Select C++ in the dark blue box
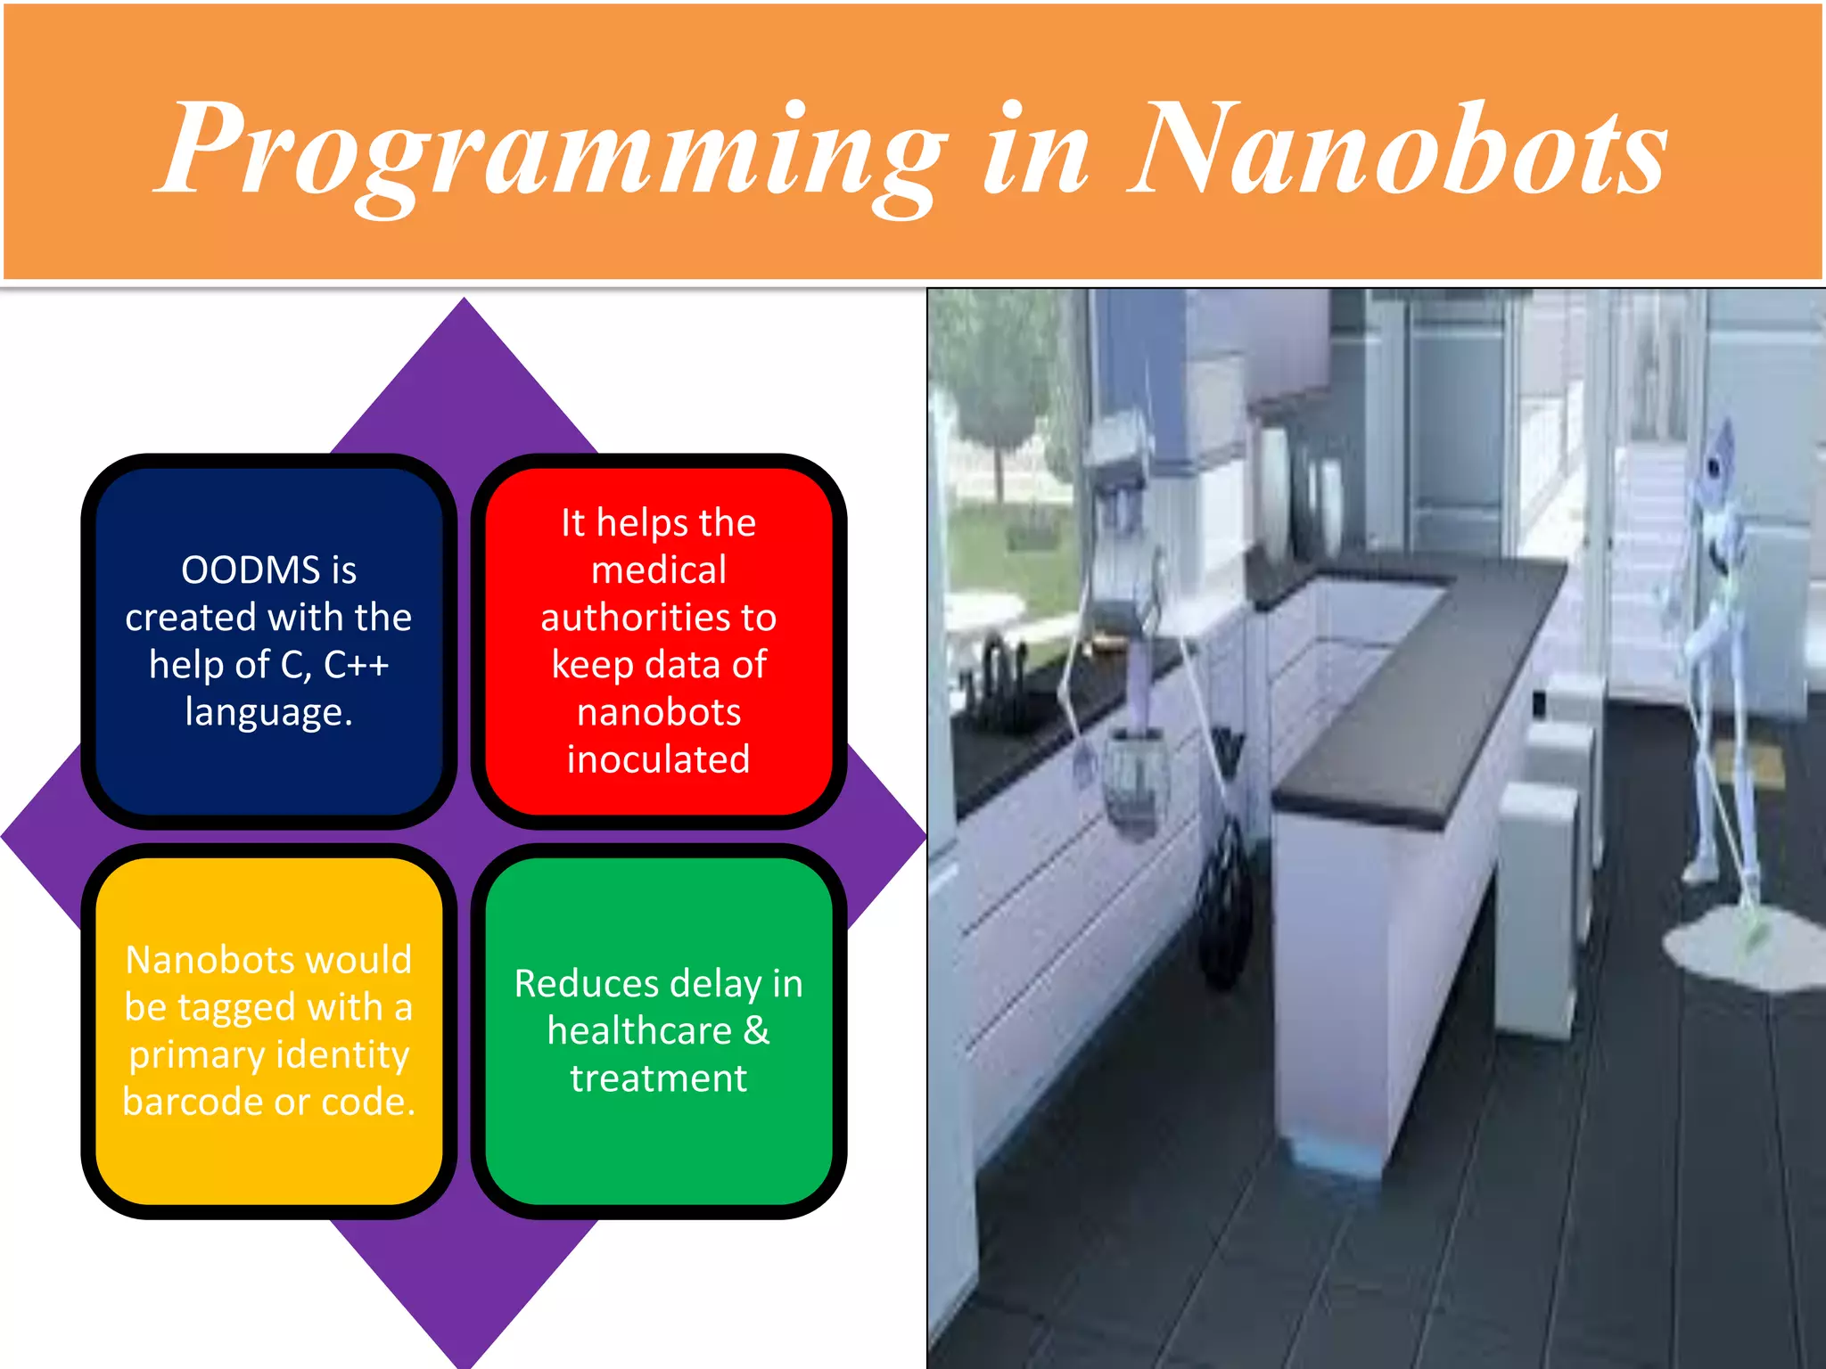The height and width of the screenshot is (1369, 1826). point(356,665)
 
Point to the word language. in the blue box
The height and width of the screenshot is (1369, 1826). point(268,712)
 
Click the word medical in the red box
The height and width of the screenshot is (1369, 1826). point(659,570)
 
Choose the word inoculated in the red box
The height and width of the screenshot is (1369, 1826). point(659,759)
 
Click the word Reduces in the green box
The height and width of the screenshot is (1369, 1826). point(587,984)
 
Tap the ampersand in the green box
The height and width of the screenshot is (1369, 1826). point(756,1031)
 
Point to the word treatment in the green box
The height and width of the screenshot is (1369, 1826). point(659,1078)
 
